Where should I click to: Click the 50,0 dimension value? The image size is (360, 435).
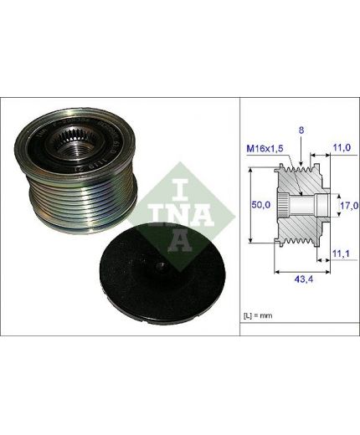(x=261, y=205)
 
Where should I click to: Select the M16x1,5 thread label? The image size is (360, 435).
(x=265, y=149)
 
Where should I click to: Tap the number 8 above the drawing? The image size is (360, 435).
(x=301, y=130)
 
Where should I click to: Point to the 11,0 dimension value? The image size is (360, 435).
(x=342, y=147)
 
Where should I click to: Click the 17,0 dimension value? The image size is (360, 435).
(x=349, y=206)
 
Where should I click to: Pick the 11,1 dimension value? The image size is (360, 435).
(x=341, y=253)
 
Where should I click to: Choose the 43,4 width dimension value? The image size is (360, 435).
(x=304, y=279)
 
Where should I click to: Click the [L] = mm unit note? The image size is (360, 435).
(x=258, y=315)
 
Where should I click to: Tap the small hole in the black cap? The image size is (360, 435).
(x=162, y=265)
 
